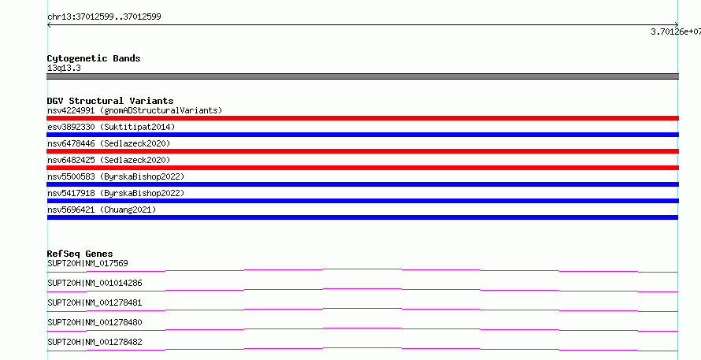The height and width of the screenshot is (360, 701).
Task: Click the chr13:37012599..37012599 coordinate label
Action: point(104,17)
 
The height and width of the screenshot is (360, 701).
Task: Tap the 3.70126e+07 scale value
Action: point(676,32)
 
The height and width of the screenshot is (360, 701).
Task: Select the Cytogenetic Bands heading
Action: point(94,58)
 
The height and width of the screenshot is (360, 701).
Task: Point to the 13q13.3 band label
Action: point(64,69)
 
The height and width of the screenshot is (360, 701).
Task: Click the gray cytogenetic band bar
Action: point(362,76)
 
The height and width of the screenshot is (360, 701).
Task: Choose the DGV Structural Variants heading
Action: point(110,101)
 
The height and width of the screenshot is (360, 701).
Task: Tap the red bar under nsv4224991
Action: point(362,118)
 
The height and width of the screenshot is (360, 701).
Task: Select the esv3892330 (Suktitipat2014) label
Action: point(111,127)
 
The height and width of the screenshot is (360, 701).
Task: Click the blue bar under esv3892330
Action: point(362,135)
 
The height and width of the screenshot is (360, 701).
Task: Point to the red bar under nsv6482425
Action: point(362,168)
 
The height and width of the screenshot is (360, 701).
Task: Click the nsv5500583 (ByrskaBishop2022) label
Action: point(116,176)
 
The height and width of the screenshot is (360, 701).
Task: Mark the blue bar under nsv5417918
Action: point(362,201)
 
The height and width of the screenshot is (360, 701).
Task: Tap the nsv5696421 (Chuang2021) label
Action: point(102,210)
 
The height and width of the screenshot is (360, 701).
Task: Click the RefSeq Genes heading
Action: point(80,254)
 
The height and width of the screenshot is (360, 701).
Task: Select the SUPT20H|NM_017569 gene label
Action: point(87,263)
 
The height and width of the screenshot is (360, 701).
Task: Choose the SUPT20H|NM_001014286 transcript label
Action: point(95,283)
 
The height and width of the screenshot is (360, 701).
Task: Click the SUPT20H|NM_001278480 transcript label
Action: point(95,322)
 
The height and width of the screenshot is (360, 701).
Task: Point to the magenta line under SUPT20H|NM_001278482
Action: point(362,349)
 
